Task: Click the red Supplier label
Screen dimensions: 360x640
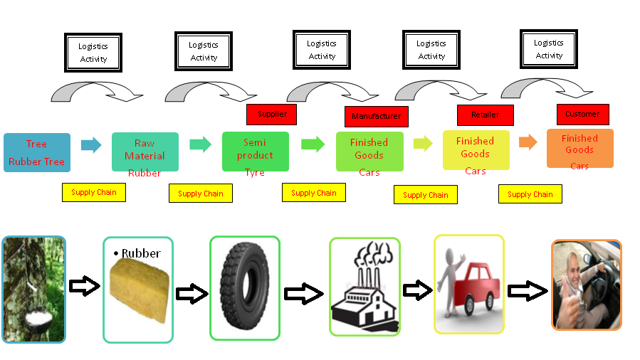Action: (x=271, y=115)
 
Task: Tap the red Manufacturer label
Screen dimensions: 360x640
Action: (x=376, y=117)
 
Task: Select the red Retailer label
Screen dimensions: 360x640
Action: (x=485, y=115)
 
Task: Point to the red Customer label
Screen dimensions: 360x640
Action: (x=582, y=114)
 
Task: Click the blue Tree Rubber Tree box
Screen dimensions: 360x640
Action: (x=36, y=152)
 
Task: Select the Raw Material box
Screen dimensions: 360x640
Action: (x=145, y=151)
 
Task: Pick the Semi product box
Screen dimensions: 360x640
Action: (x=255, y=150)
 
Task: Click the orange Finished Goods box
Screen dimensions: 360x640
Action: (x=579, y=148)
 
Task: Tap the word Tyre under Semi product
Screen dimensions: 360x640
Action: (x=254, y=173)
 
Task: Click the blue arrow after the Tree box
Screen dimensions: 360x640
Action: (x=91, y=145)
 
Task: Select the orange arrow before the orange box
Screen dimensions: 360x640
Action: (x=528, y=142)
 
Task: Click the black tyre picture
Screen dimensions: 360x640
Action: (x=244, y=287)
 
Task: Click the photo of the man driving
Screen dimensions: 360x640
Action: (x=586, y=284)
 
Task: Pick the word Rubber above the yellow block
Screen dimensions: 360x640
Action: (x=141, y=253)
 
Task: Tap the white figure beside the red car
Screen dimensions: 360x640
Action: (x=449, y=281)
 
